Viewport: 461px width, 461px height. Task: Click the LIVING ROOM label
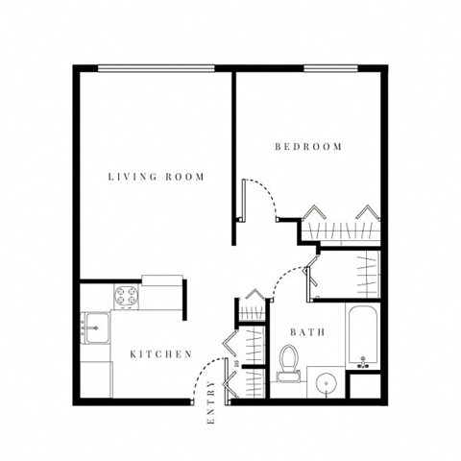pyautogui.click(x=156, y=177)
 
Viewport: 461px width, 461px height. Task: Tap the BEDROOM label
pyautogui.click(x=308, y=147)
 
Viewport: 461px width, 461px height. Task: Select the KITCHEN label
pyautogui.click(x=161, y=354)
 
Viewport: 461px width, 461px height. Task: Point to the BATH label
pyautogui.click(x=307, y=332)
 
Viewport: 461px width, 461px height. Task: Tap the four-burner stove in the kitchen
pyautogui.click(x=128, y=296)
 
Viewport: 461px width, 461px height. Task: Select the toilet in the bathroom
pyautogui.click(x=288, y=363)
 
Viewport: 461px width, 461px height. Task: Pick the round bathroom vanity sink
pyautogui.click(x=327, y=385)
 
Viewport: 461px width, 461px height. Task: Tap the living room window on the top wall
pyautogui.click(x=156, y=67)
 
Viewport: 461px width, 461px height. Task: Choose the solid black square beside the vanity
pyautogui.click(x=366, y=386)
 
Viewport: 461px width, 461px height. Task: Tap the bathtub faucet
pyautogui.click(x=364, y=361)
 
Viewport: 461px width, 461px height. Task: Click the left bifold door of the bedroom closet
pyautogui.click(x=314, y=212)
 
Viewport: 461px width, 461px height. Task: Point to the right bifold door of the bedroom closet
pyautogui.click(x=367, y=212)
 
